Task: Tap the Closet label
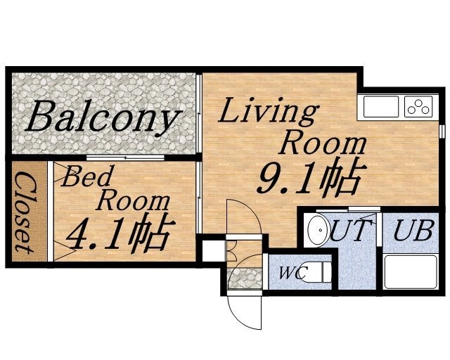pos(27,212)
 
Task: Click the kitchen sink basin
pos(381,106)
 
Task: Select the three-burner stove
pos(418,106)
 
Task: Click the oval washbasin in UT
pos(319,230)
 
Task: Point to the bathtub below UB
pos(411,272)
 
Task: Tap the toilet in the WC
pos(316,272)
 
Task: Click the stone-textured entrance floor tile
pos(245,278)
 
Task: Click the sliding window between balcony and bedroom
pos(125,157)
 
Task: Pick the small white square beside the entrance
pos(214,251)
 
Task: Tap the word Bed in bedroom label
pos(86,176)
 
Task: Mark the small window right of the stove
pos(442,131)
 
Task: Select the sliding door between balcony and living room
pos(199,114)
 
